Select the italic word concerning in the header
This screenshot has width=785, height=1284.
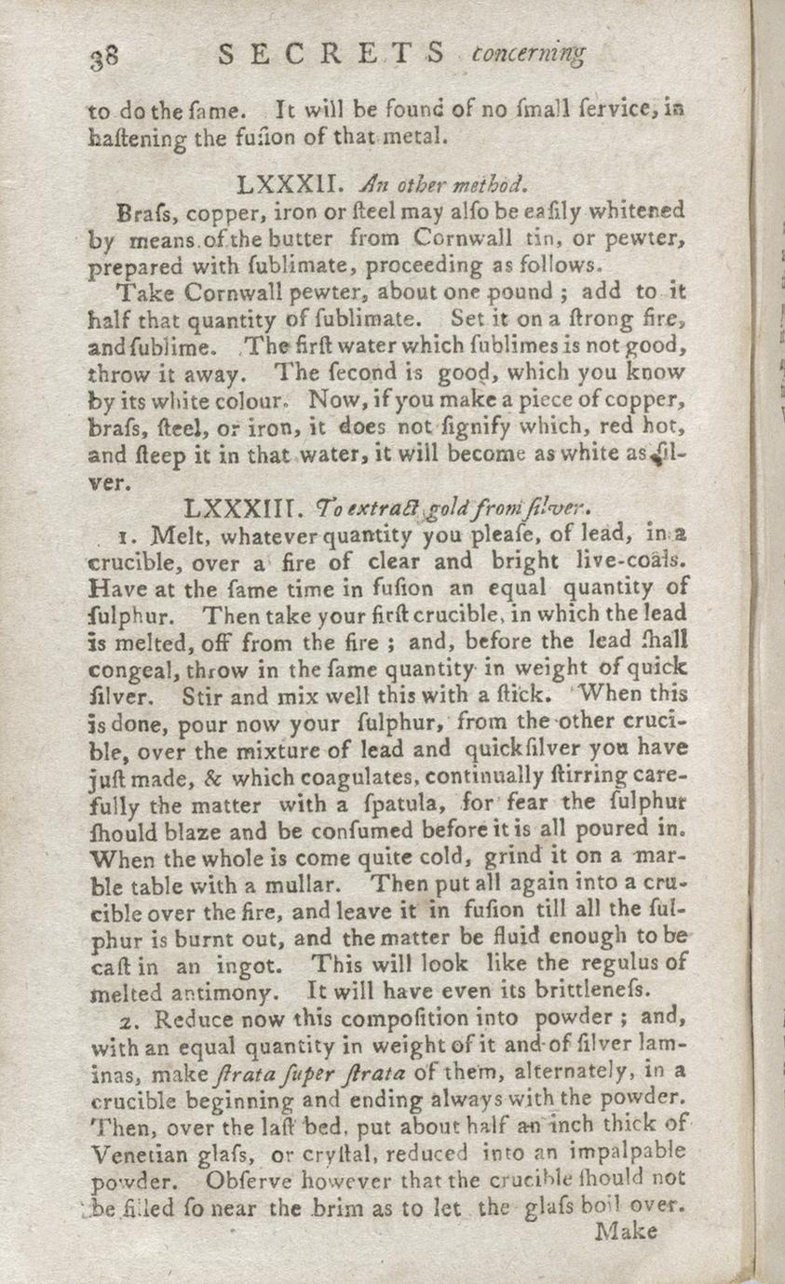[529, 55]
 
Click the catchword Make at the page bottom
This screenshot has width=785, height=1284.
[626, 1231]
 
